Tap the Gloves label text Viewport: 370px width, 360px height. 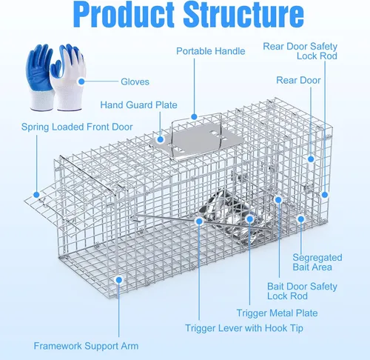coord(135,81)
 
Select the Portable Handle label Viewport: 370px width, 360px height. coord(211,51)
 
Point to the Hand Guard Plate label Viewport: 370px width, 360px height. coord(138,105)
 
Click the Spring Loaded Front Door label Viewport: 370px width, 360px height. coord(77,127)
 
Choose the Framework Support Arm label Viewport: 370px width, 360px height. coord(86,346)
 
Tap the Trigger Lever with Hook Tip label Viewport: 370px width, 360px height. coord(244,328)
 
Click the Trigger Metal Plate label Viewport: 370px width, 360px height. coord(277,313)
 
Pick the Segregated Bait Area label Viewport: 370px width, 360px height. coord(317,262)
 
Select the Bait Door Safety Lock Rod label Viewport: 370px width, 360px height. coord(302,291)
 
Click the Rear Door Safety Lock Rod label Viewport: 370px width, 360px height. coord(300,51)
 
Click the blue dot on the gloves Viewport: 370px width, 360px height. coord(81,81)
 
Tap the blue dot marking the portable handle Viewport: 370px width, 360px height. coord(194,116)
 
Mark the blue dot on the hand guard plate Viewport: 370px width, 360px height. coord(161,139)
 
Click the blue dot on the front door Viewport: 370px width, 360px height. coord(36,195)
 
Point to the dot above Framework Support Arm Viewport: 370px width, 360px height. coord(119,280)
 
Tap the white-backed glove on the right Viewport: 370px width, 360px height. coord(68,78)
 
